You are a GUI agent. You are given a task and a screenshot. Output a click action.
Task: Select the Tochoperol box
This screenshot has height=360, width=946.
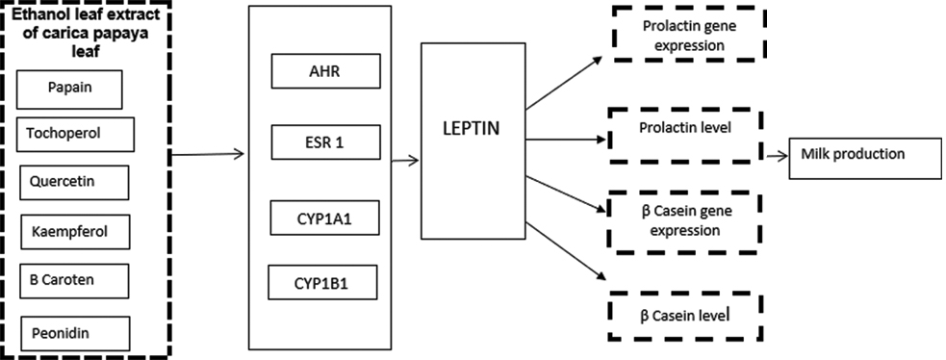[x=75, y=133]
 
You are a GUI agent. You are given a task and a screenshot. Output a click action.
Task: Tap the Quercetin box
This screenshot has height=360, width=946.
[x=74, y=181]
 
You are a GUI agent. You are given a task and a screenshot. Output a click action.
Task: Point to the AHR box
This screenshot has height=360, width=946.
[x=326, y=70]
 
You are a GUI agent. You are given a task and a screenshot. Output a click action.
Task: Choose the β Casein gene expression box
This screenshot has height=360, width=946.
[x=684, y=221]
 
